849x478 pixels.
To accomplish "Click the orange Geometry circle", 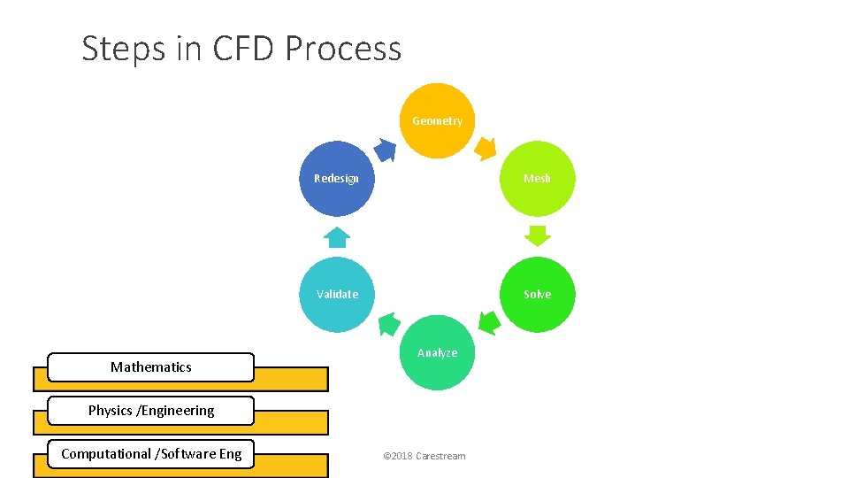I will (x=437, y=120).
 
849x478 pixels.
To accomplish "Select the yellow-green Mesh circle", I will (x=537, y=178).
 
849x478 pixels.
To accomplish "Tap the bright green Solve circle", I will (x=537, y=294).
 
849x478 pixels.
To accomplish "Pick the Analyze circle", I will (x=437, y=352).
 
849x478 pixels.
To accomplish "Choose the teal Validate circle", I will (x=337, y=294).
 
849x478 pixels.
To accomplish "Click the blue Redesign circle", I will (x=337, y=178).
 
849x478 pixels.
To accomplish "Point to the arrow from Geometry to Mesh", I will (x=486, y=149).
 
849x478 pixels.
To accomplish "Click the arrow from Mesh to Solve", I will (x=537, y=235).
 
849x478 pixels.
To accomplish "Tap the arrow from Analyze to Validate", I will (x=388, y=324).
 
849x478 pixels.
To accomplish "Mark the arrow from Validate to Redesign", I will (x=337, y=236).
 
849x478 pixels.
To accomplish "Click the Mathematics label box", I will (x=150, y=366).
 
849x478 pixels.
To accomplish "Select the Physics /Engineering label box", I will (x=150, y=411).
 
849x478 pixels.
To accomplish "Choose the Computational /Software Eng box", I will (x=150, y=454).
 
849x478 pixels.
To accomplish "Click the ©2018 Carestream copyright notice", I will (x=424, y=456).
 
